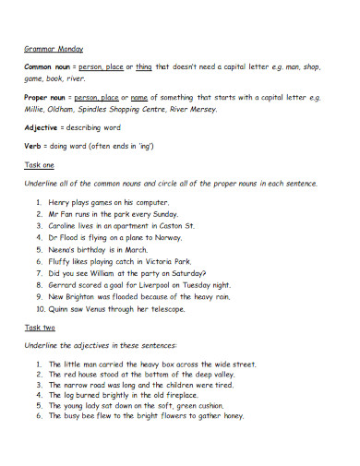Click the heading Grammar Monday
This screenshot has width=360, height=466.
click(x=54, y=48)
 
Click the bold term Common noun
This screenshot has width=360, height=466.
click(x=48, y=68)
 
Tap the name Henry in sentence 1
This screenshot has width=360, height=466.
click(x=61, y=200)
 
